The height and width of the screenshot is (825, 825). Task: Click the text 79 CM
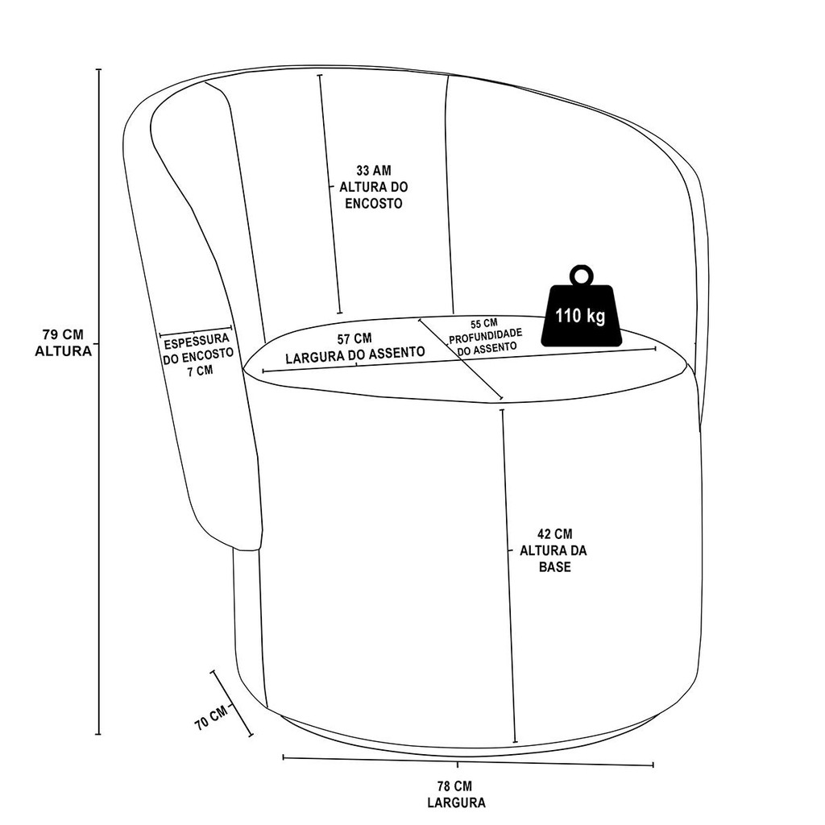(x=63, y=334)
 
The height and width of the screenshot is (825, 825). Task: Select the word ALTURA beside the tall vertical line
(x=63, y=350)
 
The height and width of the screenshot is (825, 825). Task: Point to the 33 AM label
(x=373, y=171)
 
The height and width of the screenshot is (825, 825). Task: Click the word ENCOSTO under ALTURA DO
(x=373, y=204)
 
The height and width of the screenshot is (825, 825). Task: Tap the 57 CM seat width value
(x=354, y=338)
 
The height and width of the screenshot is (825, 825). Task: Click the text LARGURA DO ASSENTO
(x=354, y=353)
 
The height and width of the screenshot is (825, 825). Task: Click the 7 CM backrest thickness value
(x=198, y=371)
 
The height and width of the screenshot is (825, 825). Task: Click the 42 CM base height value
(x=554, y=533)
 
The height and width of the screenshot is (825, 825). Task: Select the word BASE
(x=554, y=566)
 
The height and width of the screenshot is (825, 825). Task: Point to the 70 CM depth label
(x=211, y=716)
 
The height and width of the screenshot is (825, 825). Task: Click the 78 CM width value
(x=455, y=786)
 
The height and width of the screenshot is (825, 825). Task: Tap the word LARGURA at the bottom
(x=455, y=802)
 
